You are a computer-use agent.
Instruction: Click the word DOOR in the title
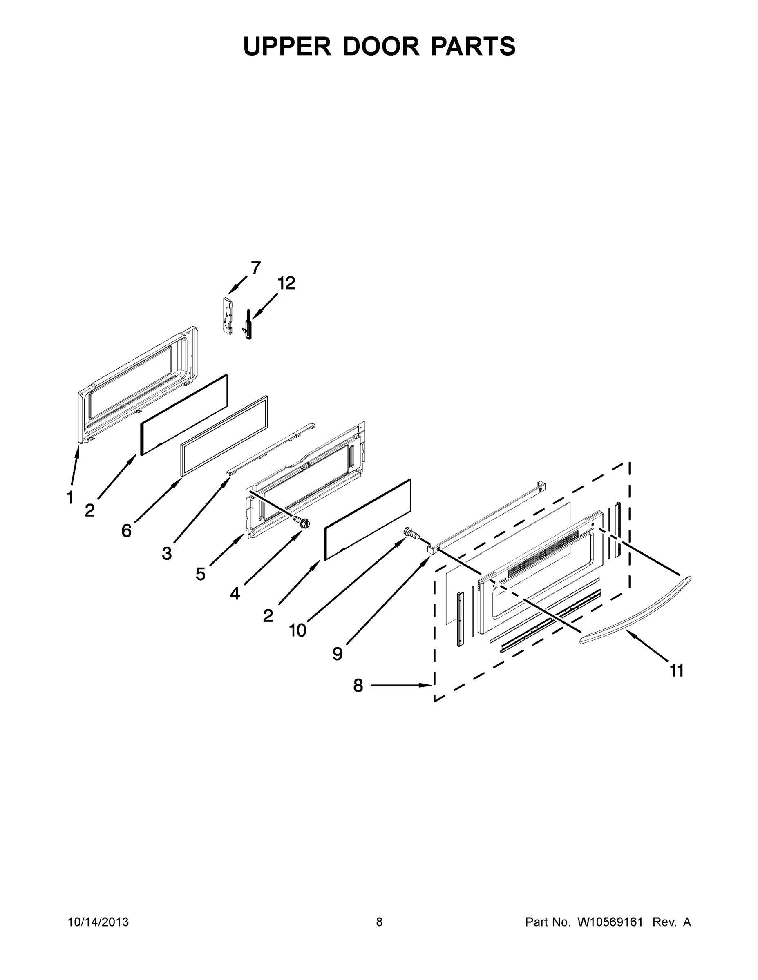pos(381,46)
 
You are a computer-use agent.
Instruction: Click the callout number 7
pos(255,268)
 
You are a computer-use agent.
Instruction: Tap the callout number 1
pos(70,497)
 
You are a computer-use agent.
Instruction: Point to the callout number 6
pos(127,531)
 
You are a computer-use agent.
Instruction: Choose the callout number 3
pos(167,553)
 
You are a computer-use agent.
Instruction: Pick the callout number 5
pos(200,574)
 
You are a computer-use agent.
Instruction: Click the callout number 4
pos(235,594)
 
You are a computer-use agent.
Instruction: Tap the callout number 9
pos(338,654)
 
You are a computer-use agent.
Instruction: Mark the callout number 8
pos(358,685)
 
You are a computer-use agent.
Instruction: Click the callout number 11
pos(677,683)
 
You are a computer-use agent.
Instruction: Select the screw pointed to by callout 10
pos(413,534)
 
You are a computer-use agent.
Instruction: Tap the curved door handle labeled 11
pos(637,613)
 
